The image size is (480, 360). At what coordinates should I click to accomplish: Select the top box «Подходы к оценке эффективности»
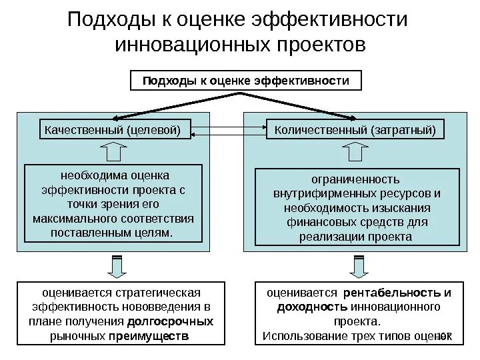(x=246, y=81)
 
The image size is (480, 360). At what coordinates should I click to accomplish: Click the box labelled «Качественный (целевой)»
(x=113, y=129)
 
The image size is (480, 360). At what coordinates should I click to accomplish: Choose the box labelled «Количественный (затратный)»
(x=355, y=129)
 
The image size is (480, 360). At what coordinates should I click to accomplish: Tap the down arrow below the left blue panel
(x=115, y=267)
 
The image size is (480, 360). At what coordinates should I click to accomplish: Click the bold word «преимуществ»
(x=149, y=335)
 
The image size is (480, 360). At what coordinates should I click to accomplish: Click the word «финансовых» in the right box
(x=313, y=223)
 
